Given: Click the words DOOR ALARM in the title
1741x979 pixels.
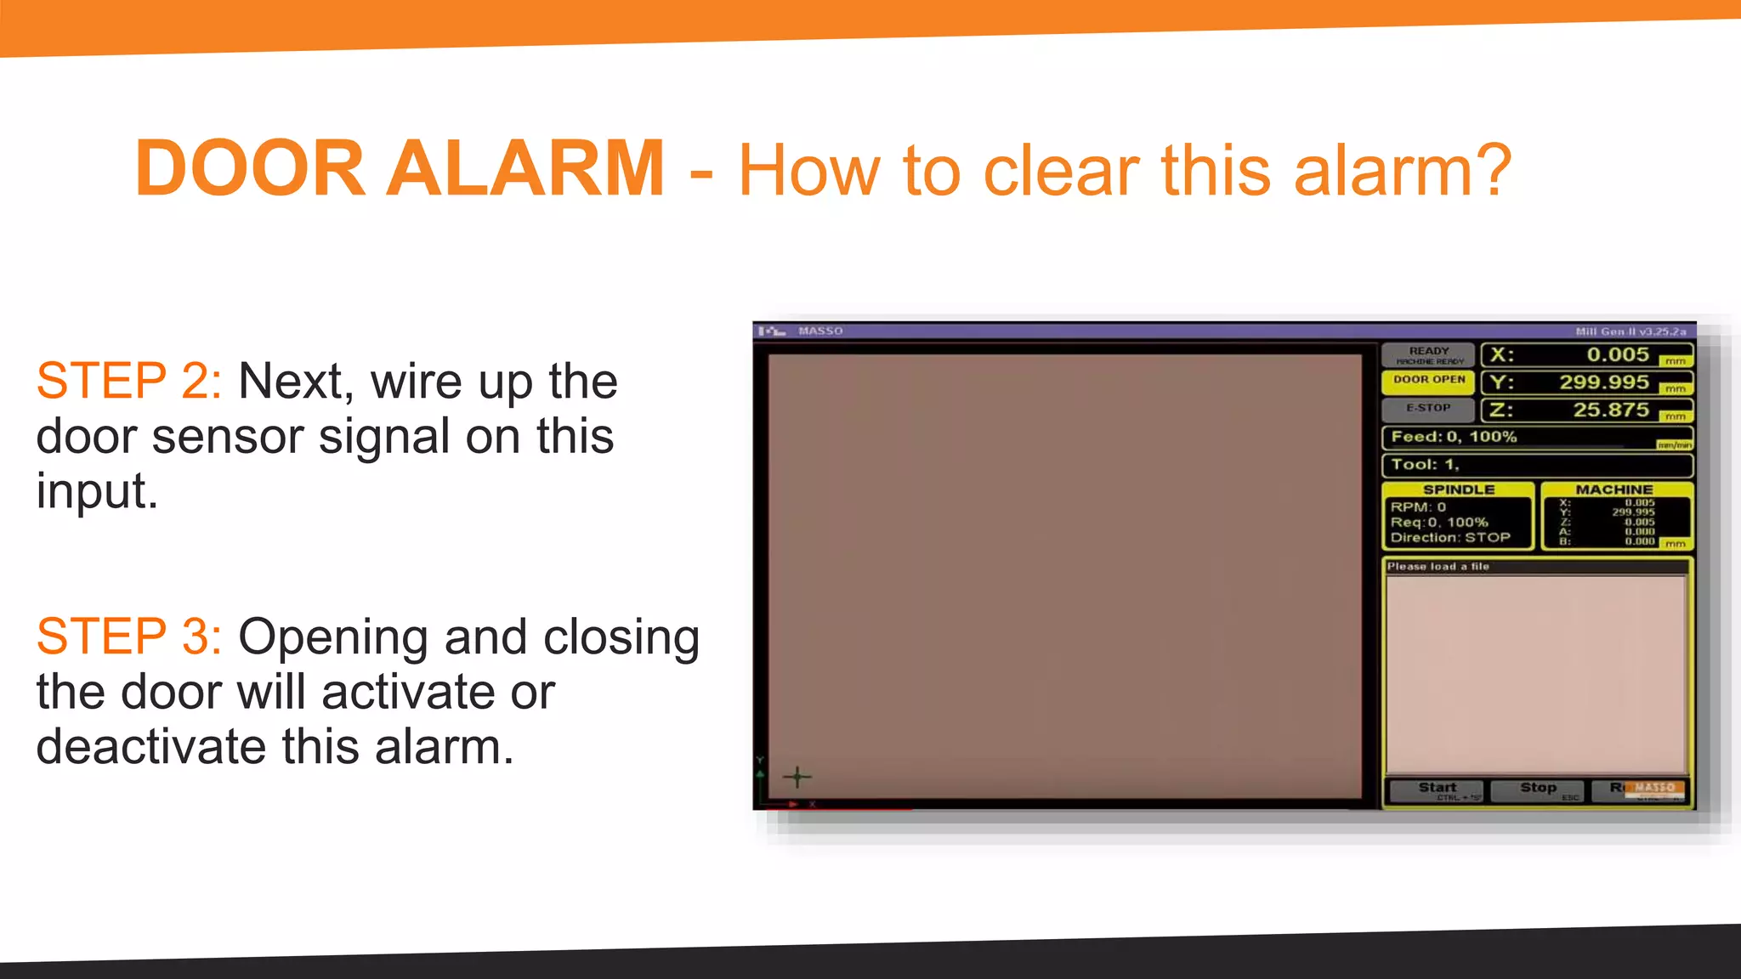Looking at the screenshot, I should pyautogui.click(x=400, y=168).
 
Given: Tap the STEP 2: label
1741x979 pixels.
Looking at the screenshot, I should pyautogui.click(x=129, y=380).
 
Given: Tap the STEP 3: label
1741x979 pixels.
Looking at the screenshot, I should pyautogui.click(x=129, y=636).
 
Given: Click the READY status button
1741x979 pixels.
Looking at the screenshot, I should pyautogui.click(x=1428, y=354).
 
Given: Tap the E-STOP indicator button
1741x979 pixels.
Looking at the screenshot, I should pyautogui.click(x=1428, y=409).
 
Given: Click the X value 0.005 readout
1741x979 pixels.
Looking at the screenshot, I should pyautogui.click(x=1617, y=355).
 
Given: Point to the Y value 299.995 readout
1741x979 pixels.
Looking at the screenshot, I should pyautogui.click(x=1603, y=382).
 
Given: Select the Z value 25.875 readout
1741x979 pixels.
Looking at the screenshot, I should pyautogui.click(x=1610, y=410).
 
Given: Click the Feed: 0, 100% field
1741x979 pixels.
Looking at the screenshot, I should pyautogui.click(x=1454, y=437).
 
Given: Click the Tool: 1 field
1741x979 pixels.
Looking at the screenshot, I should pyautogui.click(x=1425, y=465).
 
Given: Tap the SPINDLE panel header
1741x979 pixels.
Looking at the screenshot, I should pyautogui.click(x=1458, y=489).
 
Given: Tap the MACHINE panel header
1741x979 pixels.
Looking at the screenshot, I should pyautogui.click(x=1613, y=489).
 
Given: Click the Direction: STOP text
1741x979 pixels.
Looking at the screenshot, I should pyautogui.click(x=1450, y=537).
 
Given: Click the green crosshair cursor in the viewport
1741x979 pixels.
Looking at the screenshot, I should pyautogui.click(x=797, y=776).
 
